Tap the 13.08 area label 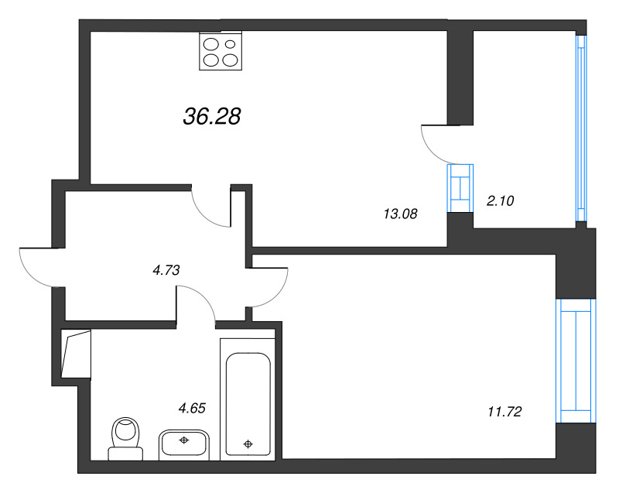point(400,214)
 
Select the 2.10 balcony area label point(500,200)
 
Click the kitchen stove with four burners point(221,50)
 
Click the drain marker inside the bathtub point(248,444)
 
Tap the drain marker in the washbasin point(184,440)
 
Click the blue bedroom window point(576,360)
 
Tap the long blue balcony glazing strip point(580,128)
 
